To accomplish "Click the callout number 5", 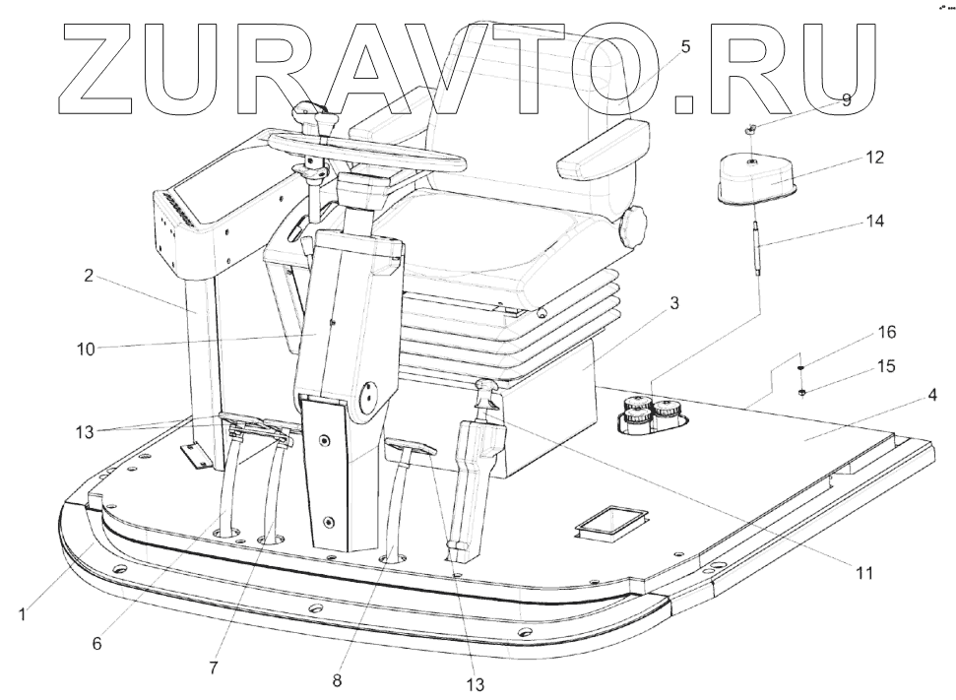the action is [x=686, y=46].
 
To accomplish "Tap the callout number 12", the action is [x=875, y=158].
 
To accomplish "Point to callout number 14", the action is [x=875, y=222].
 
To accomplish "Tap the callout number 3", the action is [x=673, y=305].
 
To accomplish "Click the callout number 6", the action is [x=96, y=644].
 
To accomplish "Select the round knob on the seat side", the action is [x=630, y=229].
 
